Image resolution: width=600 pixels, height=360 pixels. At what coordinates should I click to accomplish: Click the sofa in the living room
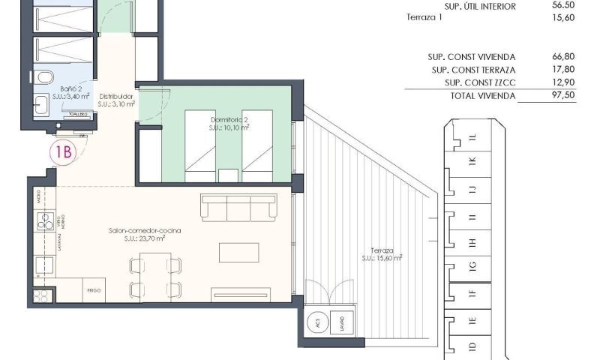coord(238,208)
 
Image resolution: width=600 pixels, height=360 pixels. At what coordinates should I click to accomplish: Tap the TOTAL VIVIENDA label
coord(483,96)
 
